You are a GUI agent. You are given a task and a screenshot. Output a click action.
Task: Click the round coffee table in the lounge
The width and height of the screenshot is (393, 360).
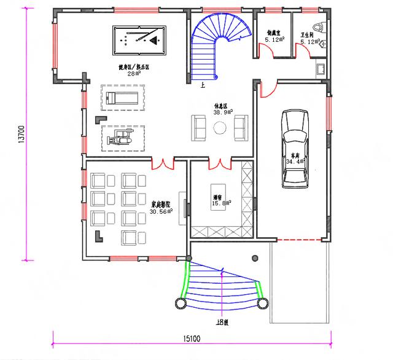point(220,127)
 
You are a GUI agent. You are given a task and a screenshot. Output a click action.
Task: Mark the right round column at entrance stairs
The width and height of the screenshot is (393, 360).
point(265,303)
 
